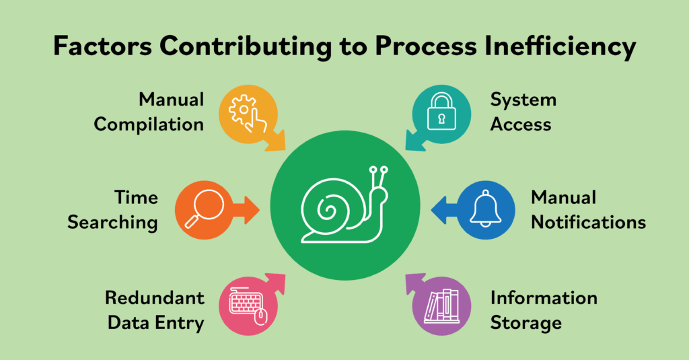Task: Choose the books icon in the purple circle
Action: [443, 305]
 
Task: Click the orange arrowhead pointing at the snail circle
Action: [250, 209]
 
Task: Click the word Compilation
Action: [149, 124]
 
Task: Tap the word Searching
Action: [112, 221]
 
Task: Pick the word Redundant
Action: [154, 297]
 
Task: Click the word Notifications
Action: [589, 221]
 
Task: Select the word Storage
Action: [526, 322]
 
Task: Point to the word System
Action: [523, 100]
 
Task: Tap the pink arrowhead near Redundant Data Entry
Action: [275, 281]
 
